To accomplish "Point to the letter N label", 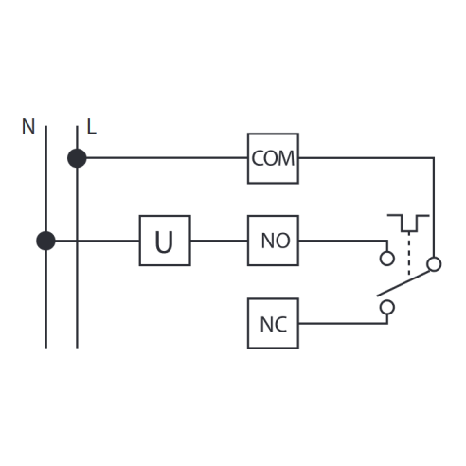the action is point(28,127).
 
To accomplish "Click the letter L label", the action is point(91,127).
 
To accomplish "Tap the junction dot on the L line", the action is point(77,158).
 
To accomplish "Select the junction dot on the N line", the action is point(45,241).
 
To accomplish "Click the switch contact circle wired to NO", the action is point(387,259).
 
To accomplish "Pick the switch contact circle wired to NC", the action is point(387,307).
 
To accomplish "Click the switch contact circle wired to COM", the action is point(434,264).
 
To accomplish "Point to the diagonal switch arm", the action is point(403,283).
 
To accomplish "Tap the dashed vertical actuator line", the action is point(409,254).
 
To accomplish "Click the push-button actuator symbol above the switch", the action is point(408,224).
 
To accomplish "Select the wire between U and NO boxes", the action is point(219,241).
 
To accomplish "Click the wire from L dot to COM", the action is point(167,157).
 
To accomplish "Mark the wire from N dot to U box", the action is point(98,241).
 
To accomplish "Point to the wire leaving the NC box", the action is point(343,323).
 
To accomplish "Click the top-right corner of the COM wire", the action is point(434,157).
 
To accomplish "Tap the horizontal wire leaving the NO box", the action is point(343,241).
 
